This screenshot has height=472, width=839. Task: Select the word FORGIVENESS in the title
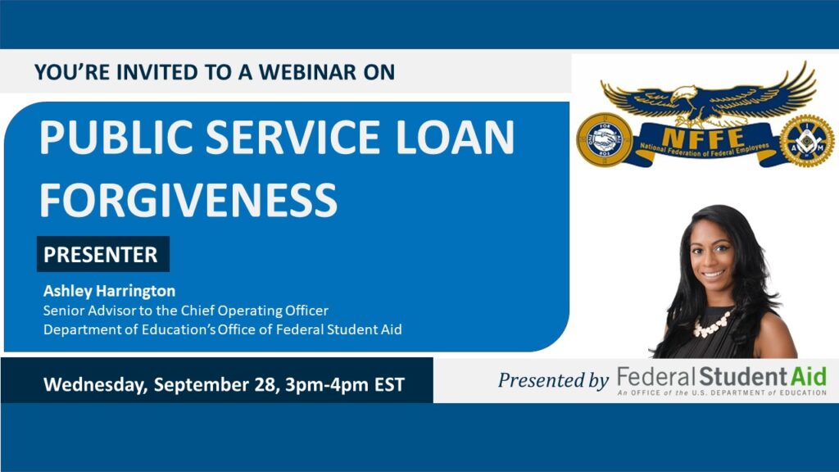[188, 200]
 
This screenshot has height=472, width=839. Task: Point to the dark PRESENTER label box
[103, 254]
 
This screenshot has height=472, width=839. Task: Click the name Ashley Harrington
[109, 291]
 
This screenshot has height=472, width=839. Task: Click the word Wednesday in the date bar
[95, 385]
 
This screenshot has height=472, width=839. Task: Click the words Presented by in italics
[553, 380]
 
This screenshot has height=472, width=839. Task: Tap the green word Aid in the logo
[809, 376]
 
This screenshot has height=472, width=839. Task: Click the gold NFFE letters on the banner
[702, 138]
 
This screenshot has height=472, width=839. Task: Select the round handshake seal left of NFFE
[605, 139]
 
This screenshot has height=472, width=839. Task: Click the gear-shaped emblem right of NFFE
[806, 141]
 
